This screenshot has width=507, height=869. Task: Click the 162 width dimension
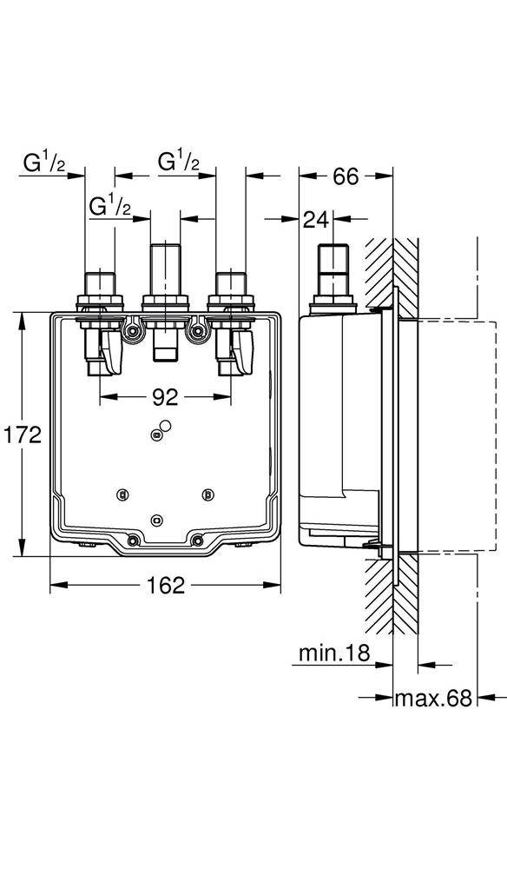(165, 585)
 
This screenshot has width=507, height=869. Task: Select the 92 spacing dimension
(165, 397)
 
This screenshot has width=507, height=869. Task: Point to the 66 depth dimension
(346, 176)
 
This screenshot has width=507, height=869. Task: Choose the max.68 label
(433, 698)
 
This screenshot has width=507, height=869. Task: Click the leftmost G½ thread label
(43, 163)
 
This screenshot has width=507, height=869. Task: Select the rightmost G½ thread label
(179, 163)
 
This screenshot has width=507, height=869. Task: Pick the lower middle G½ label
(110, 207)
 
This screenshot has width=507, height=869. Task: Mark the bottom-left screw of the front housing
(132, 541)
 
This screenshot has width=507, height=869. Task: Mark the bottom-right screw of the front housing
(199, 541)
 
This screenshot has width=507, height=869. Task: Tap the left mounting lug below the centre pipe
(133, 331)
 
